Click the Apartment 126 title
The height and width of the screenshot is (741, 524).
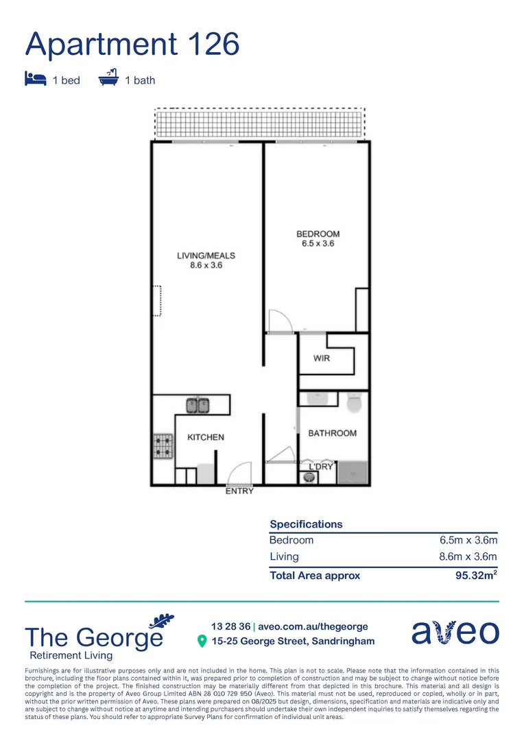tap(132, 44)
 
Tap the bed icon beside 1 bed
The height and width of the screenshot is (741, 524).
tap(35, 80)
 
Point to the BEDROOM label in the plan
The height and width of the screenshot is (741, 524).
tap(318, 239)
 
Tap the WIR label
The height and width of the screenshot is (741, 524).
tap(322, 358)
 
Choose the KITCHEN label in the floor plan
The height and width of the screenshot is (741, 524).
tap(206, 437)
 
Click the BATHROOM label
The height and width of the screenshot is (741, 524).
tap(332, 433)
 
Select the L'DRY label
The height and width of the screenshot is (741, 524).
tap(321, 467)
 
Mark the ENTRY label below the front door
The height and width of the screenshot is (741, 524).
tap(239, 491)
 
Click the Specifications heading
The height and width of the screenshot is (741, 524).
tap(306, 524)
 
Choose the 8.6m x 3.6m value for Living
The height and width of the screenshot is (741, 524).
tap(468, 557)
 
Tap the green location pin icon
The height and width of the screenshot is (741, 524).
tap(202, 641)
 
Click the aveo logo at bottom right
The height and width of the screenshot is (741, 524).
tap(455, 632)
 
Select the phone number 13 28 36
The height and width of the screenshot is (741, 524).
tap(230, 626)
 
